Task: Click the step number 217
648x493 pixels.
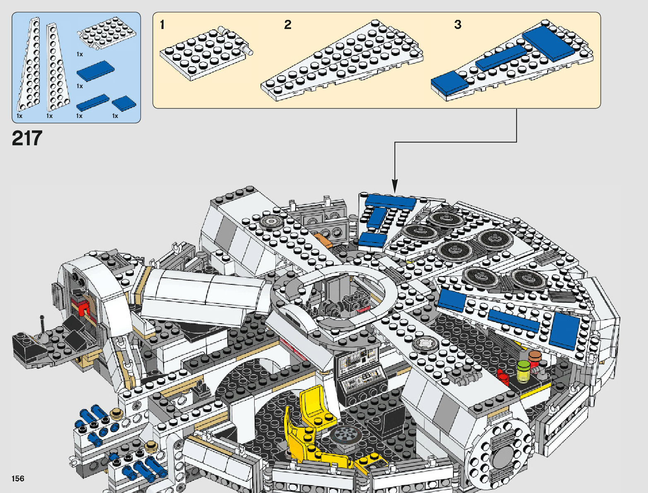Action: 27,138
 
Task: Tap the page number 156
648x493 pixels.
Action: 18,479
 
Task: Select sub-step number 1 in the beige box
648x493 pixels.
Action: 162,25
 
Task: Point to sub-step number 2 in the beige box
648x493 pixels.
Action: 288,25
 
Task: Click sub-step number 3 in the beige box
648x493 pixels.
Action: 458,25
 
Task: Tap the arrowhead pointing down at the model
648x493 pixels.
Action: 395,186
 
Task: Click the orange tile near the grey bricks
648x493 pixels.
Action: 323,240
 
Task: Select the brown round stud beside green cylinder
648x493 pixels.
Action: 535,356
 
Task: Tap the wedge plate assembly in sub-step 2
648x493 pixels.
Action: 342,62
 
